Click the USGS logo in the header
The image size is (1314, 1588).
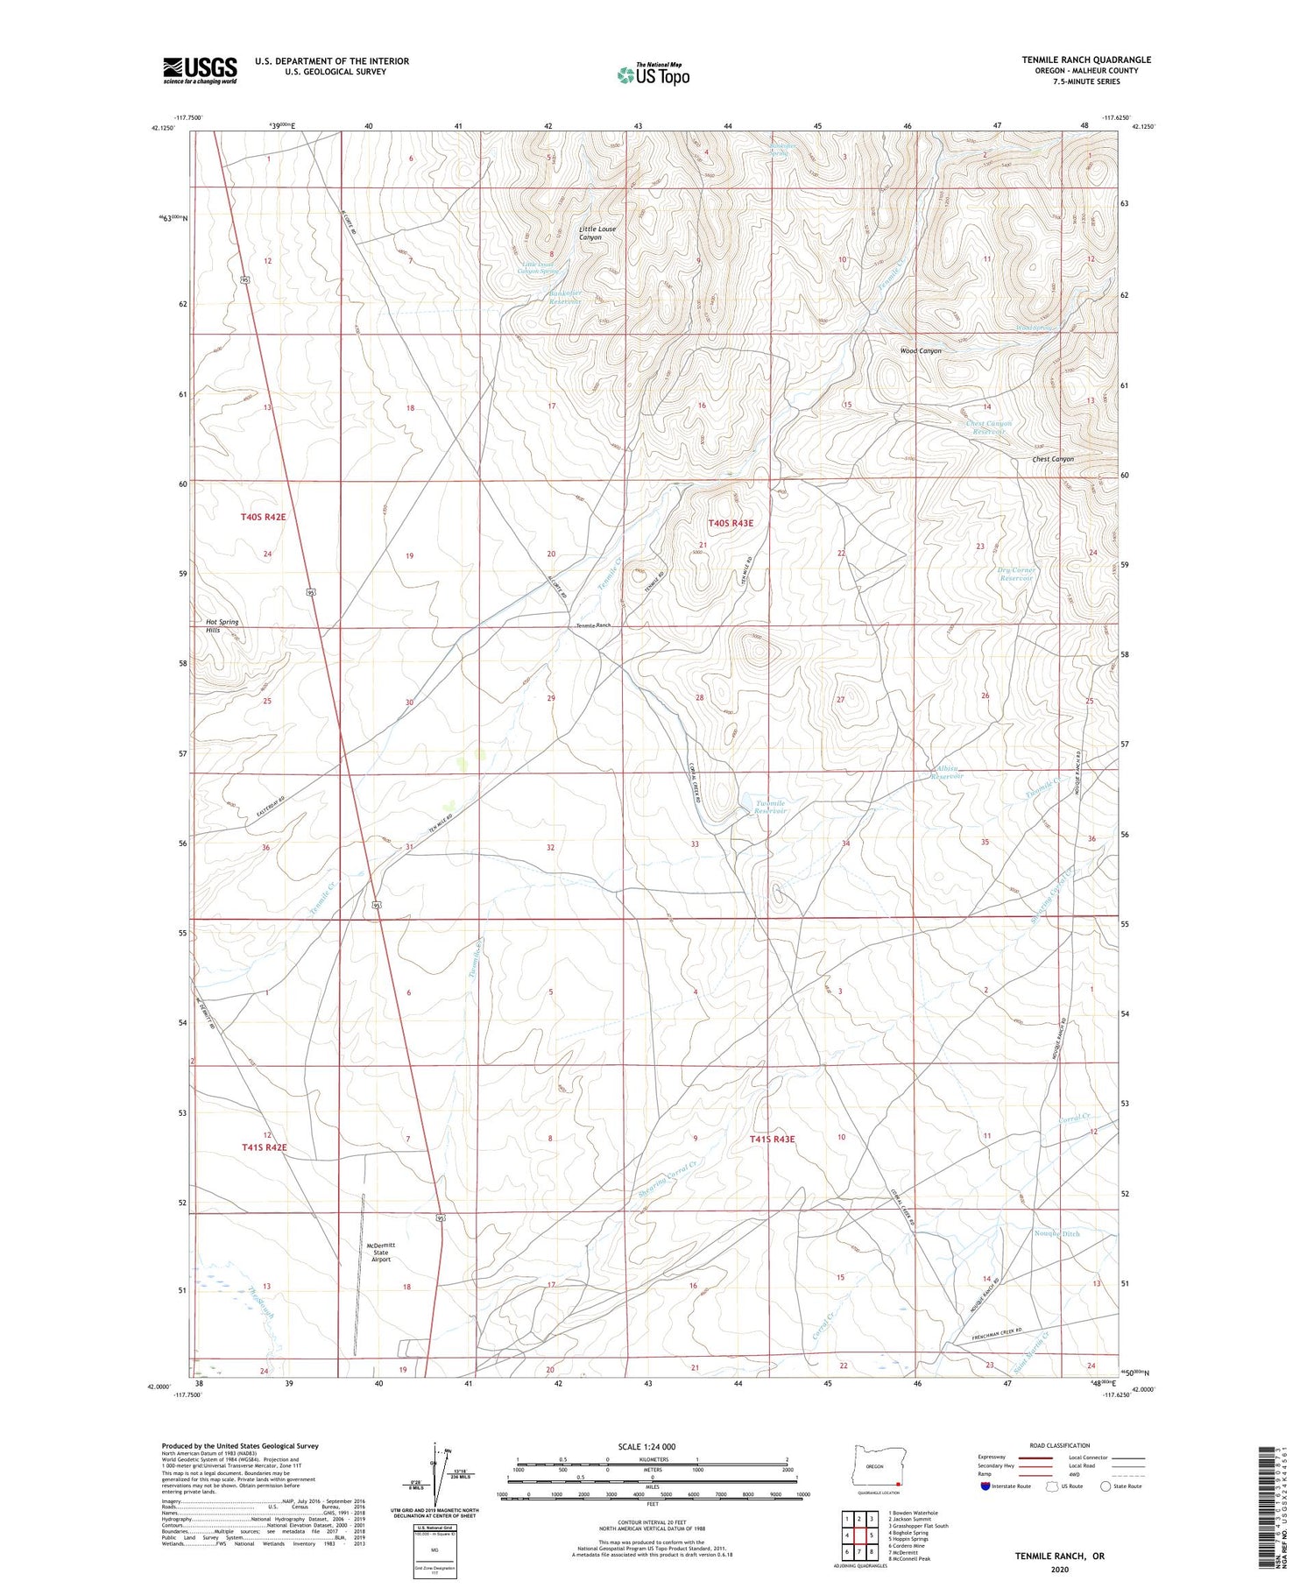click(200, 70)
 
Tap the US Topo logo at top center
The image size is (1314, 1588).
click(653, 75)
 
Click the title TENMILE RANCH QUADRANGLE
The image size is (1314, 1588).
click(1085, 60)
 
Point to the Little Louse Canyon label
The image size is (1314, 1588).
click(597, 233)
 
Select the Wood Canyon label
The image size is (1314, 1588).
click(921, 351)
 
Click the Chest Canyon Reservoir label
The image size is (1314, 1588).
click(989, 427)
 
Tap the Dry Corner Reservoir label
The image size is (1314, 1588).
click(1017, 574)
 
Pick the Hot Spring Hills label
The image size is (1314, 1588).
click(222, 625)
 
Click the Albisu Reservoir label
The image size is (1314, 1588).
click(947, 773)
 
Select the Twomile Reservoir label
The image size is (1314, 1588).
click(770, 807)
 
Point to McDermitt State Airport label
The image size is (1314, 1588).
click(381, 1252)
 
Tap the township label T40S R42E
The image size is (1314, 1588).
click(263, 518)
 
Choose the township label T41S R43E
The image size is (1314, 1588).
click(772, 1139)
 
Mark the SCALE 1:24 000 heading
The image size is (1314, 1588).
click(646, 1446)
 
